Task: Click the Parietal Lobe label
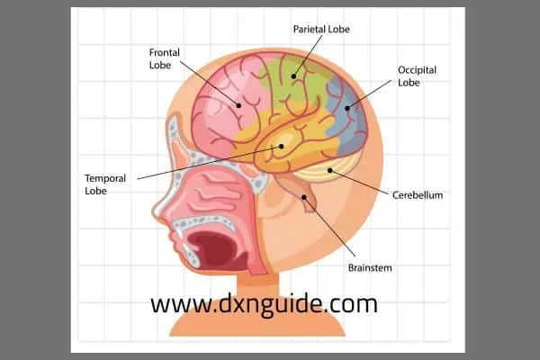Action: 321,30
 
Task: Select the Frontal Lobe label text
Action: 165,58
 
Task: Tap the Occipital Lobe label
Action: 417,76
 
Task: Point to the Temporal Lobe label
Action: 105,184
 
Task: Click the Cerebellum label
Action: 418,195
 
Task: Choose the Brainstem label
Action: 370,267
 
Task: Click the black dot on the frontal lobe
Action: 238,105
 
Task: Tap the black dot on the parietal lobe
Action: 293,76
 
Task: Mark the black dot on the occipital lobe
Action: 347,108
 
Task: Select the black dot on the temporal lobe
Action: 281,147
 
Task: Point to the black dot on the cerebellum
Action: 330,170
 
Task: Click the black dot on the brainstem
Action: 304,197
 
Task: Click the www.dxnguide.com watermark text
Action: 264,304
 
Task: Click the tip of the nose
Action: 154,211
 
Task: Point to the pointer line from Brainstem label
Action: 329,227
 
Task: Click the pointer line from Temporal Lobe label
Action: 209,163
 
